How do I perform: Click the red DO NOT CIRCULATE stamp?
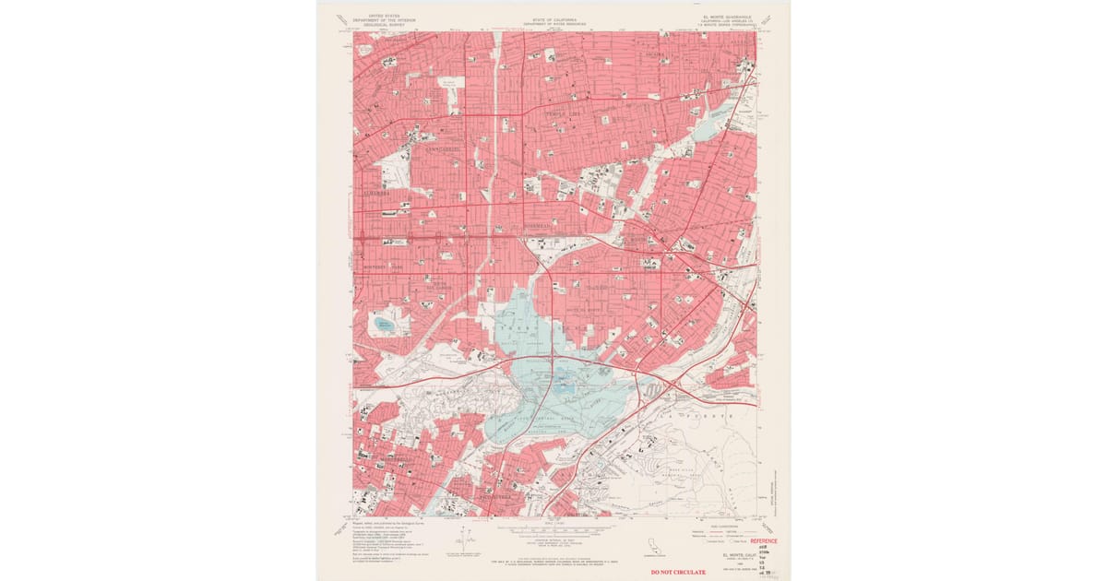[678, 572]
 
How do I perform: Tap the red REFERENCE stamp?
[763, 541]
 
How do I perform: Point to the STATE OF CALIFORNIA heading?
[553, 18]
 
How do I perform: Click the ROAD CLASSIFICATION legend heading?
[724, 525]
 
